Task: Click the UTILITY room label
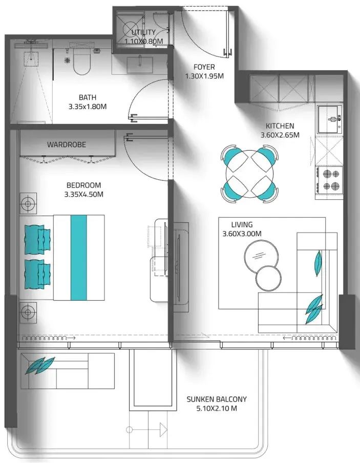tap(143, 32)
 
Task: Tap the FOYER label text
tap(204, 67)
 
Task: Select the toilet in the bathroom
tap(81, 61)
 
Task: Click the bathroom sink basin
tap(140, 65)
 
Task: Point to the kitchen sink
tap(330, 119)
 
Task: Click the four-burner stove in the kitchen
tap(329, 182)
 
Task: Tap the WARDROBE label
tap(67, 144)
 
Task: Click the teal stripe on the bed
tap(78, 258)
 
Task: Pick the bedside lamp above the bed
tap(28, 203)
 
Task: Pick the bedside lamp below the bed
tap(28, 312)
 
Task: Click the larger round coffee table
tap(261, 256)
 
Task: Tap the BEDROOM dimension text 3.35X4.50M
tap(84, 195)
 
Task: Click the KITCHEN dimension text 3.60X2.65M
tap(280, 135)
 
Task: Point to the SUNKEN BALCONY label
tap(217, 399)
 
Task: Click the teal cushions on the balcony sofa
tap(40, 366)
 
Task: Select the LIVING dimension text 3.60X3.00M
tap(242, 234)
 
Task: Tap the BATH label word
tap(88, 97)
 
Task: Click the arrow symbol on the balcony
tap(147, 430)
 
